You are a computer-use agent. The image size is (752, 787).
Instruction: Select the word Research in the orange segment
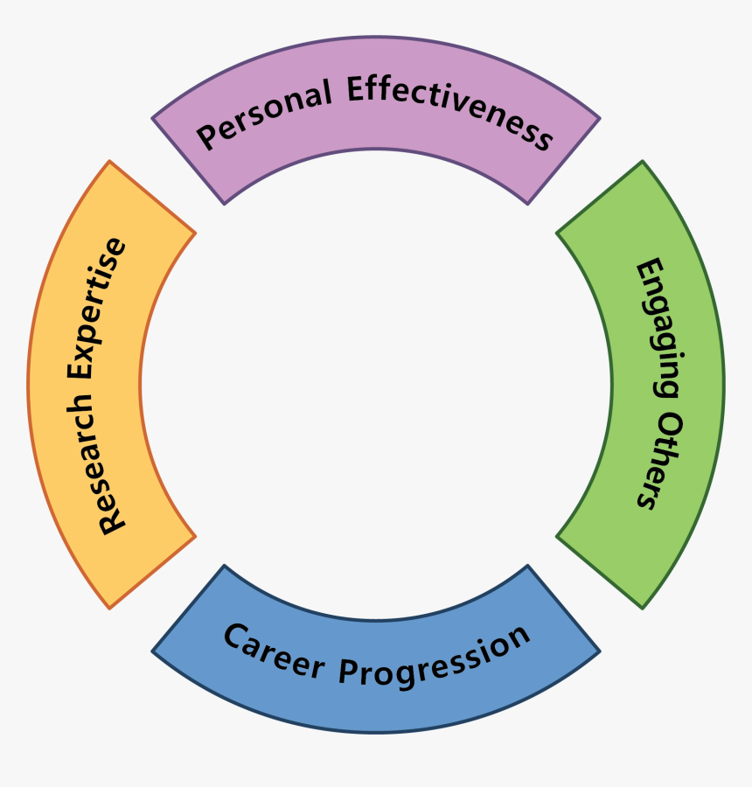pyautogui.click(x=112, y=468)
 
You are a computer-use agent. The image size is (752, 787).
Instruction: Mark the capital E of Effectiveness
pyautogui.click(x=355, y=89)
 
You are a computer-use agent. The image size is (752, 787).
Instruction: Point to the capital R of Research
pyautogui.click(x=112, y=524)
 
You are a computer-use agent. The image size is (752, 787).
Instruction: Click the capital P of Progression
pyautogui.click(x=347, y=674)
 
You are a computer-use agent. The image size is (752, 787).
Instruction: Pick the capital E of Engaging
pyautogui.click(x=648, y=268)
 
